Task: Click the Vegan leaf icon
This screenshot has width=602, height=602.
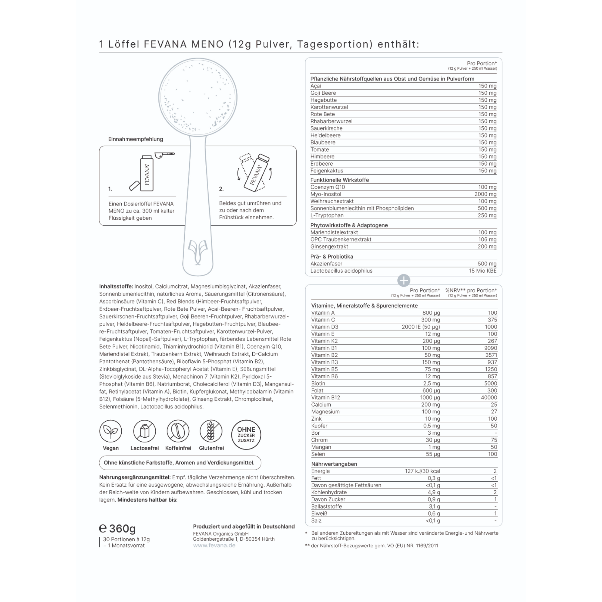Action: (x=111, y=431)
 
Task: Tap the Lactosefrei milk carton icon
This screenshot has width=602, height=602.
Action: (x=144, y=431)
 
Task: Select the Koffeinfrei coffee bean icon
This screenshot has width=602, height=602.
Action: (x=178, y=431)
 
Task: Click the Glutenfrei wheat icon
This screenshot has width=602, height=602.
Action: (x=211, y=431)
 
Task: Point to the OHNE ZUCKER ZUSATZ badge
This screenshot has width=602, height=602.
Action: (x=246, y=435)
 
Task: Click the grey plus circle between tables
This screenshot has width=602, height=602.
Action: (x=404, y=281)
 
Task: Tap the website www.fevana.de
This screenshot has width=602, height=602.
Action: (x=214, y=545)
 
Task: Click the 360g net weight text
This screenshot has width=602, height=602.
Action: (x=122, y=529)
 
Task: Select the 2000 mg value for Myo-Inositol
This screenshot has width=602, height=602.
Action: (x=485, y=194)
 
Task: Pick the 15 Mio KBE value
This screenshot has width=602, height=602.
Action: (x=483, y=271)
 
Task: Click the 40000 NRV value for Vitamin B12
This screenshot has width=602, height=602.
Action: (x=489, y=398)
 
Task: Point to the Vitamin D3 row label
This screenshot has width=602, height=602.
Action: (x=324, y=327)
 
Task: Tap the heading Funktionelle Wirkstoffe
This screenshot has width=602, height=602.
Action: (x=339, y=180)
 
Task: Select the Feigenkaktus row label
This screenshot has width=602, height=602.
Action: (x=327, y=171)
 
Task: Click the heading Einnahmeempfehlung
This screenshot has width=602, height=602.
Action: (x=136, y=139)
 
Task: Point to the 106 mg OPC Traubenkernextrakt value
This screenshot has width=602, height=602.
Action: (x=487, y=239)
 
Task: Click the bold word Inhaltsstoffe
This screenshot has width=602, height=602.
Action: (x=116, y=286)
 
